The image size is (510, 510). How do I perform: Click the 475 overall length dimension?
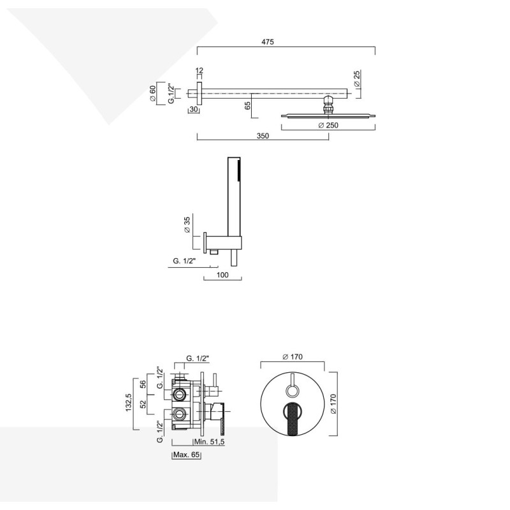click(x=268, y=42)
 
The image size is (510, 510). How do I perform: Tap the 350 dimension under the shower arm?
click(x=263, y=136)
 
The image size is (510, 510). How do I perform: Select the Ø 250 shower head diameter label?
click(x=328, y=125)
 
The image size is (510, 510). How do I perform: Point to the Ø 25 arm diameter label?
click(x=357, y=78)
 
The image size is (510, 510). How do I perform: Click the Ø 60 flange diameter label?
click(x=152, y=93)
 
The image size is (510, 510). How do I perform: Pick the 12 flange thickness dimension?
click(x=199, y=70)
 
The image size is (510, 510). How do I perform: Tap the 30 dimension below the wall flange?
click(x=194, y=109)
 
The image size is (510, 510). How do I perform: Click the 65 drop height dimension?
click(x=247, y=105)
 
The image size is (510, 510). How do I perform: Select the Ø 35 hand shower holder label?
click(x=187, y=225)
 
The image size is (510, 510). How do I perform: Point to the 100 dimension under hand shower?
click(x=222, y=275)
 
